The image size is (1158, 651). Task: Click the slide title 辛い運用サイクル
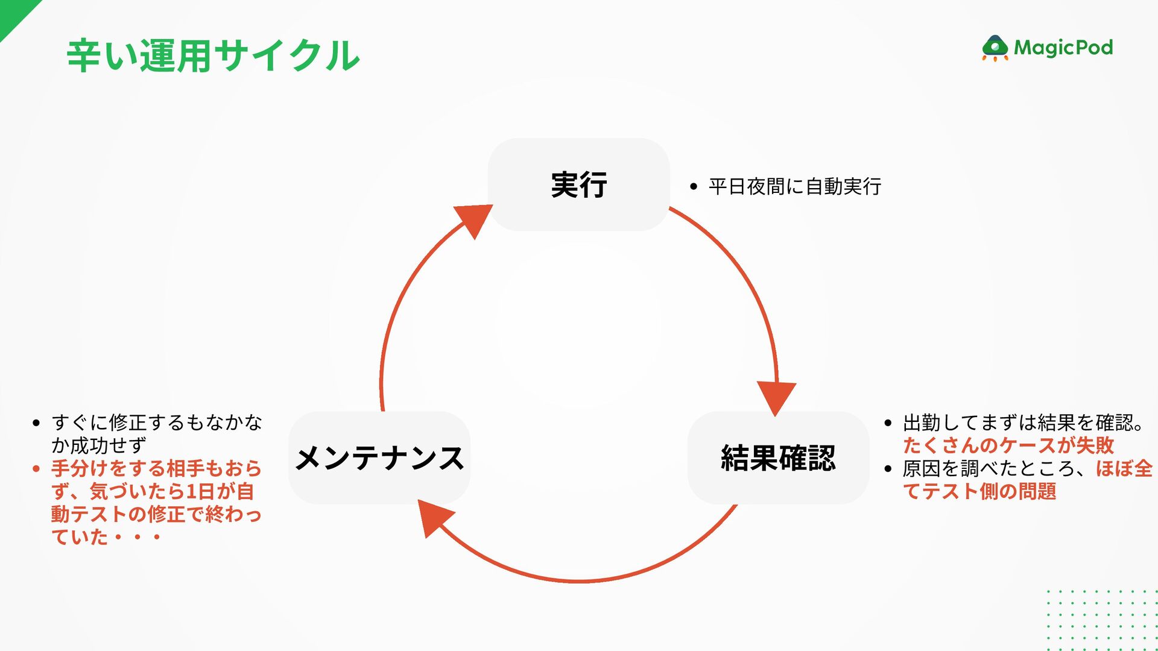[213, 55]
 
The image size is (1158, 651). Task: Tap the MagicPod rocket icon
[995, 48]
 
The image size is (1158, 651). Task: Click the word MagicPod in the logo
[1063, 48]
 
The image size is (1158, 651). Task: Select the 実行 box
[578, 184]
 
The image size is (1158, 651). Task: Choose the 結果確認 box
[778, 458]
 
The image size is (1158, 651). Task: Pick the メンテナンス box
[379, 458]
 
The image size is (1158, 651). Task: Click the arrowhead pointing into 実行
[474, 219]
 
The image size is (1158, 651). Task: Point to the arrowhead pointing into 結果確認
[776, 396]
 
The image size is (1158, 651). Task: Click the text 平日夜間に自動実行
[794, 187]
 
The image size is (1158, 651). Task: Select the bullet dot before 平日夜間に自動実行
[694, 187]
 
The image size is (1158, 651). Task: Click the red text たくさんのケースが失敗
[1008, 445]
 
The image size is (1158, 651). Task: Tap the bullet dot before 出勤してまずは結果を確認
[888, 423]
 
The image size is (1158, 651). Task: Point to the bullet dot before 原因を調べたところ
[888, 469]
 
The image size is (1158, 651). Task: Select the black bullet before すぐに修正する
[37, 423]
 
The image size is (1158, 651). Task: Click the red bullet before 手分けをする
[37, 469]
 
